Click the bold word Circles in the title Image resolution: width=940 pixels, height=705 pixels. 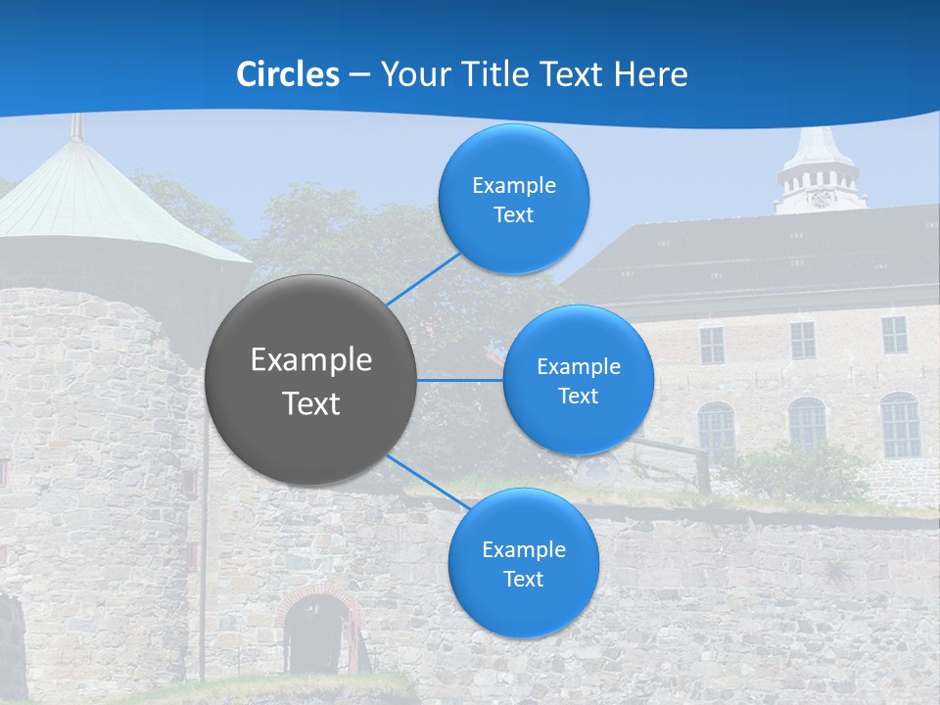pos(288,74)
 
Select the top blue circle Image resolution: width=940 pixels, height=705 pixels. pos(514,199)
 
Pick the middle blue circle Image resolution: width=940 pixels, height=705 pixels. pos(579,380)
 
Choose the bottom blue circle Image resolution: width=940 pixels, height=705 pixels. pos(524,563)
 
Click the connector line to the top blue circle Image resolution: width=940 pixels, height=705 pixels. pos(424,278)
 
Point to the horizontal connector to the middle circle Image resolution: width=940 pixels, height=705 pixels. pos(460,380)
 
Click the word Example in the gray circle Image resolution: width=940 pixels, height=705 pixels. pos(311,360)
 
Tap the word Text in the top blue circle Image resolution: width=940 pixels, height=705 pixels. pos(514,215)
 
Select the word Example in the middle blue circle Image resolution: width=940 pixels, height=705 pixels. pos(579,367)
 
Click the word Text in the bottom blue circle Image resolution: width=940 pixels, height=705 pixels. pos(524,580)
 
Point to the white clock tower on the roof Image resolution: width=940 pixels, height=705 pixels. pos(820,171)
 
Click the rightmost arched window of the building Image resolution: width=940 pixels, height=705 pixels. pos(900,425)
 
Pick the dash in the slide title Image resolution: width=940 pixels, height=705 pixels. pos(359,75)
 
